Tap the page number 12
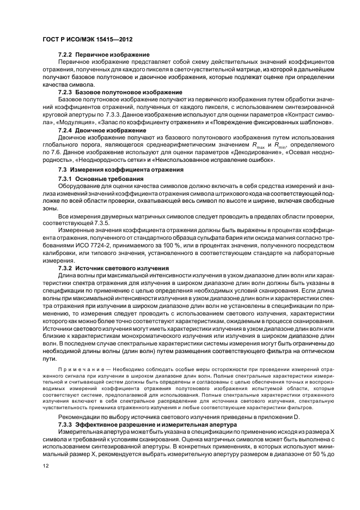46,466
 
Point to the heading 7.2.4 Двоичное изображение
101,130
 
